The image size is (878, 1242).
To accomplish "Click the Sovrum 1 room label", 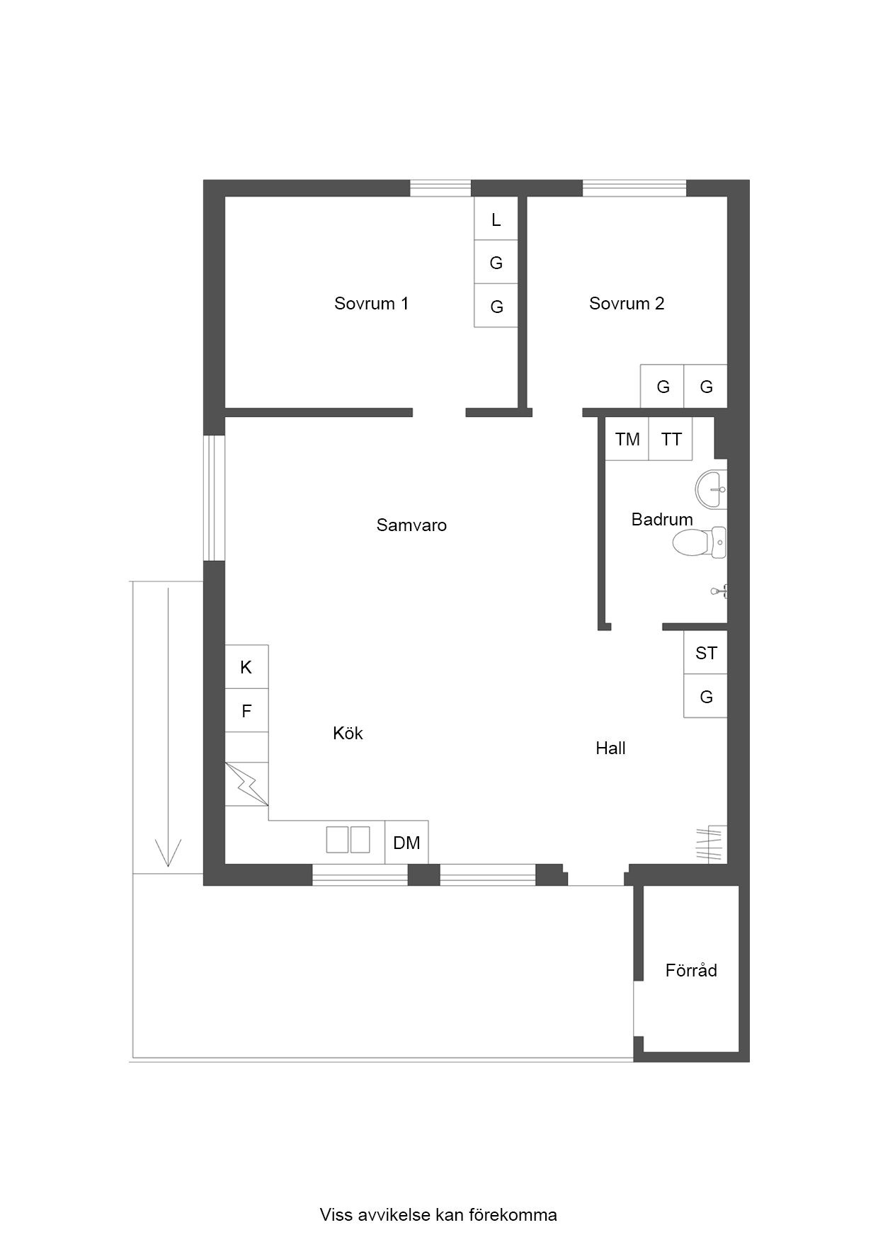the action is click(x=371, y=304).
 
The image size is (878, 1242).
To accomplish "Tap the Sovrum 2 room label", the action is click(x=627, y=304).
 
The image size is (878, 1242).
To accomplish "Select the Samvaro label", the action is click(x=411, y=525).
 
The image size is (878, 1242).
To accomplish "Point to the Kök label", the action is click(x=348, y=733).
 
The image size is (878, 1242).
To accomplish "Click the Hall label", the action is click(x=610, y=748).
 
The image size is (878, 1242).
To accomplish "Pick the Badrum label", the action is click(x=662, y=520).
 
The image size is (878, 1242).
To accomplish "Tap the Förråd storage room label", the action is click(x=691, y=970).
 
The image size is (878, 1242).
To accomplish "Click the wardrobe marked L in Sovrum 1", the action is click(x=496, y=219).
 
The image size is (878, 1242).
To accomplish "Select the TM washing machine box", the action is click(x=627, y=439).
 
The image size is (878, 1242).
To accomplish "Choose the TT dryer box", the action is click(x=671, y=439).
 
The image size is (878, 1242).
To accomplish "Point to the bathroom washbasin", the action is click(x=712, y=489).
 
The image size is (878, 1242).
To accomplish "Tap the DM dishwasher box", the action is click(x=406, y=843).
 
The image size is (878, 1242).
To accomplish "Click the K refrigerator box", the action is click(x=246, y=667).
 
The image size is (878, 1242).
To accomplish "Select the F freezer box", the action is click(x=246, y=711).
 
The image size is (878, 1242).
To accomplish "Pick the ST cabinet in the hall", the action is click(x=705, y=653).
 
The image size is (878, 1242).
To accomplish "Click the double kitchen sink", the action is click(x=348, y=840).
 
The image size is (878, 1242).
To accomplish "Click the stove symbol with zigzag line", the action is click(x=246, y=784).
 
